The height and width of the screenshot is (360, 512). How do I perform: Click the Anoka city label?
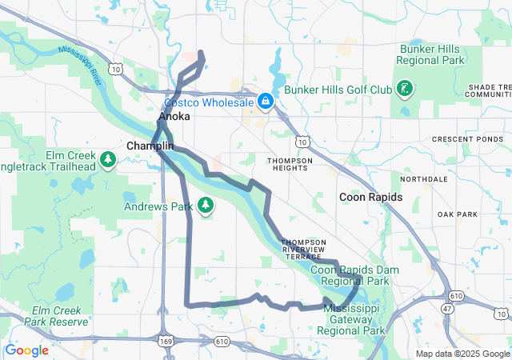point(174,117)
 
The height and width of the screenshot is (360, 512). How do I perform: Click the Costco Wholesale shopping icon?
point(266,102)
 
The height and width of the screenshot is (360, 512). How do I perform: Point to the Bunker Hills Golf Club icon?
point(406,88)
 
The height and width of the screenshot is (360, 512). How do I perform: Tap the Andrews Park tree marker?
point(206,206)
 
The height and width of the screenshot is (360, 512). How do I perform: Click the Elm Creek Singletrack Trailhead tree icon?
point(108,160)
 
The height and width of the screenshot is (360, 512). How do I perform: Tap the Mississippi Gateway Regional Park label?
point(350,318)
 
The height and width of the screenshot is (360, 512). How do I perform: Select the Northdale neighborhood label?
point(424,179)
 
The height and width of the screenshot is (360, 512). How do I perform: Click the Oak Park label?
point(457,214)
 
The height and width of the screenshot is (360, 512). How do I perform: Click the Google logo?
point(27,350)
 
